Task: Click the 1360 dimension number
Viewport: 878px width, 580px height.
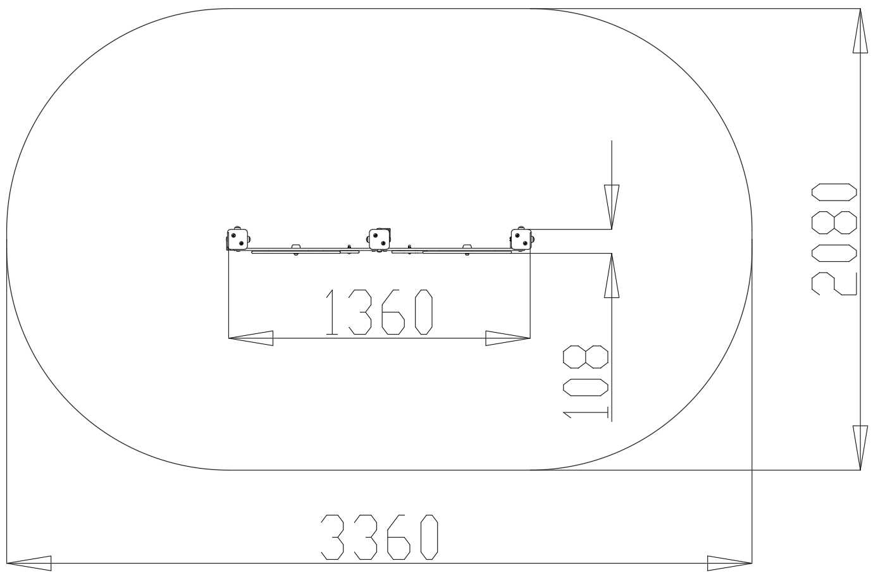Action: tap(379, 312)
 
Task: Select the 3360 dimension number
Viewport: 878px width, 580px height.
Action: tap(379, 537)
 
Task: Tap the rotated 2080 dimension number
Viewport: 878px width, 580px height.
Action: tap(834, 239)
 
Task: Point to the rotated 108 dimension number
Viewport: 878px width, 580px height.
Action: tap(586, 382)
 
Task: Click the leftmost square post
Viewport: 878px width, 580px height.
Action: tap(237, 240)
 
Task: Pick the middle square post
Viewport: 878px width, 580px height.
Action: tap(380, 239)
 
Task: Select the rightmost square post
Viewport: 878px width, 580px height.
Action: tap(521, 240)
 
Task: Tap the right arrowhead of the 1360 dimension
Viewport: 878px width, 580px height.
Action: tap(508, 338)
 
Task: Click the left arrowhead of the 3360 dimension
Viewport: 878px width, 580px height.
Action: tap(28, 563)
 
